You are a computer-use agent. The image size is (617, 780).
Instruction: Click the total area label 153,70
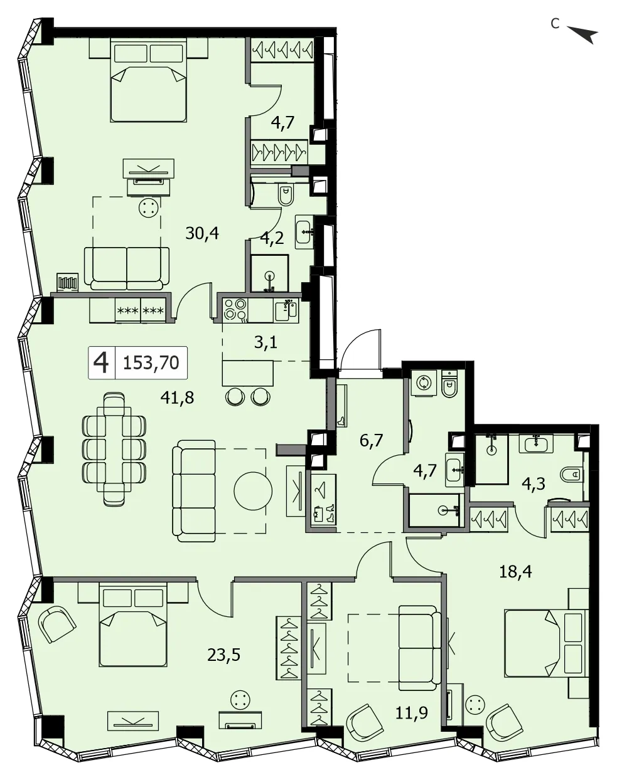tap(151, 362)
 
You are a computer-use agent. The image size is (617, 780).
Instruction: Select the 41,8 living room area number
tap(178, 398)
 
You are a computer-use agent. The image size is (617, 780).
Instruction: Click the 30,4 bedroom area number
tap(202, 233)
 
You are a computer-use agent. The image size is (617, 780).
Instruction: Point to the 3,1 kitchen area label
tap(266, 342)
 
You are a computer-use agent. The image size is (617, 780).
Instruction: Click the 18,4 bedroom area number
tap(516, 572)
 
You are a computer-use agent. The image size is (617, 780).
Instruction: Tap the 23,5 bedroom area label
tap(224, 655)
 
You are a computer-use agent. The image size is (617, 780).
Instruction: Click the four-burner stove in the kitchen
tap(236, 310)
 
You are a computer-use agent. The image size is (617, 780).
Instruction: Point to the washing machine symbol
tap(424, 383)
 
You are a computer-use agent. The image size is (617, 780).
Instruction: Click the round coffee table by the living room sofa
tap(253, 491)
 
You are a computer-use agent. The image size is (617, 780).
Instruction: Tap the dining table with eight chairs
tap(114, 450)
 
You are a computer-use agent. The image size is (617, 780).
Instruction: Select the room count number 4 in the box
tap(101, 363)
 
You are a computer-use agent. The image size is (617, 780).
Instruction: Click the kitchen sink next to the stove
tap(286, 310)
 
